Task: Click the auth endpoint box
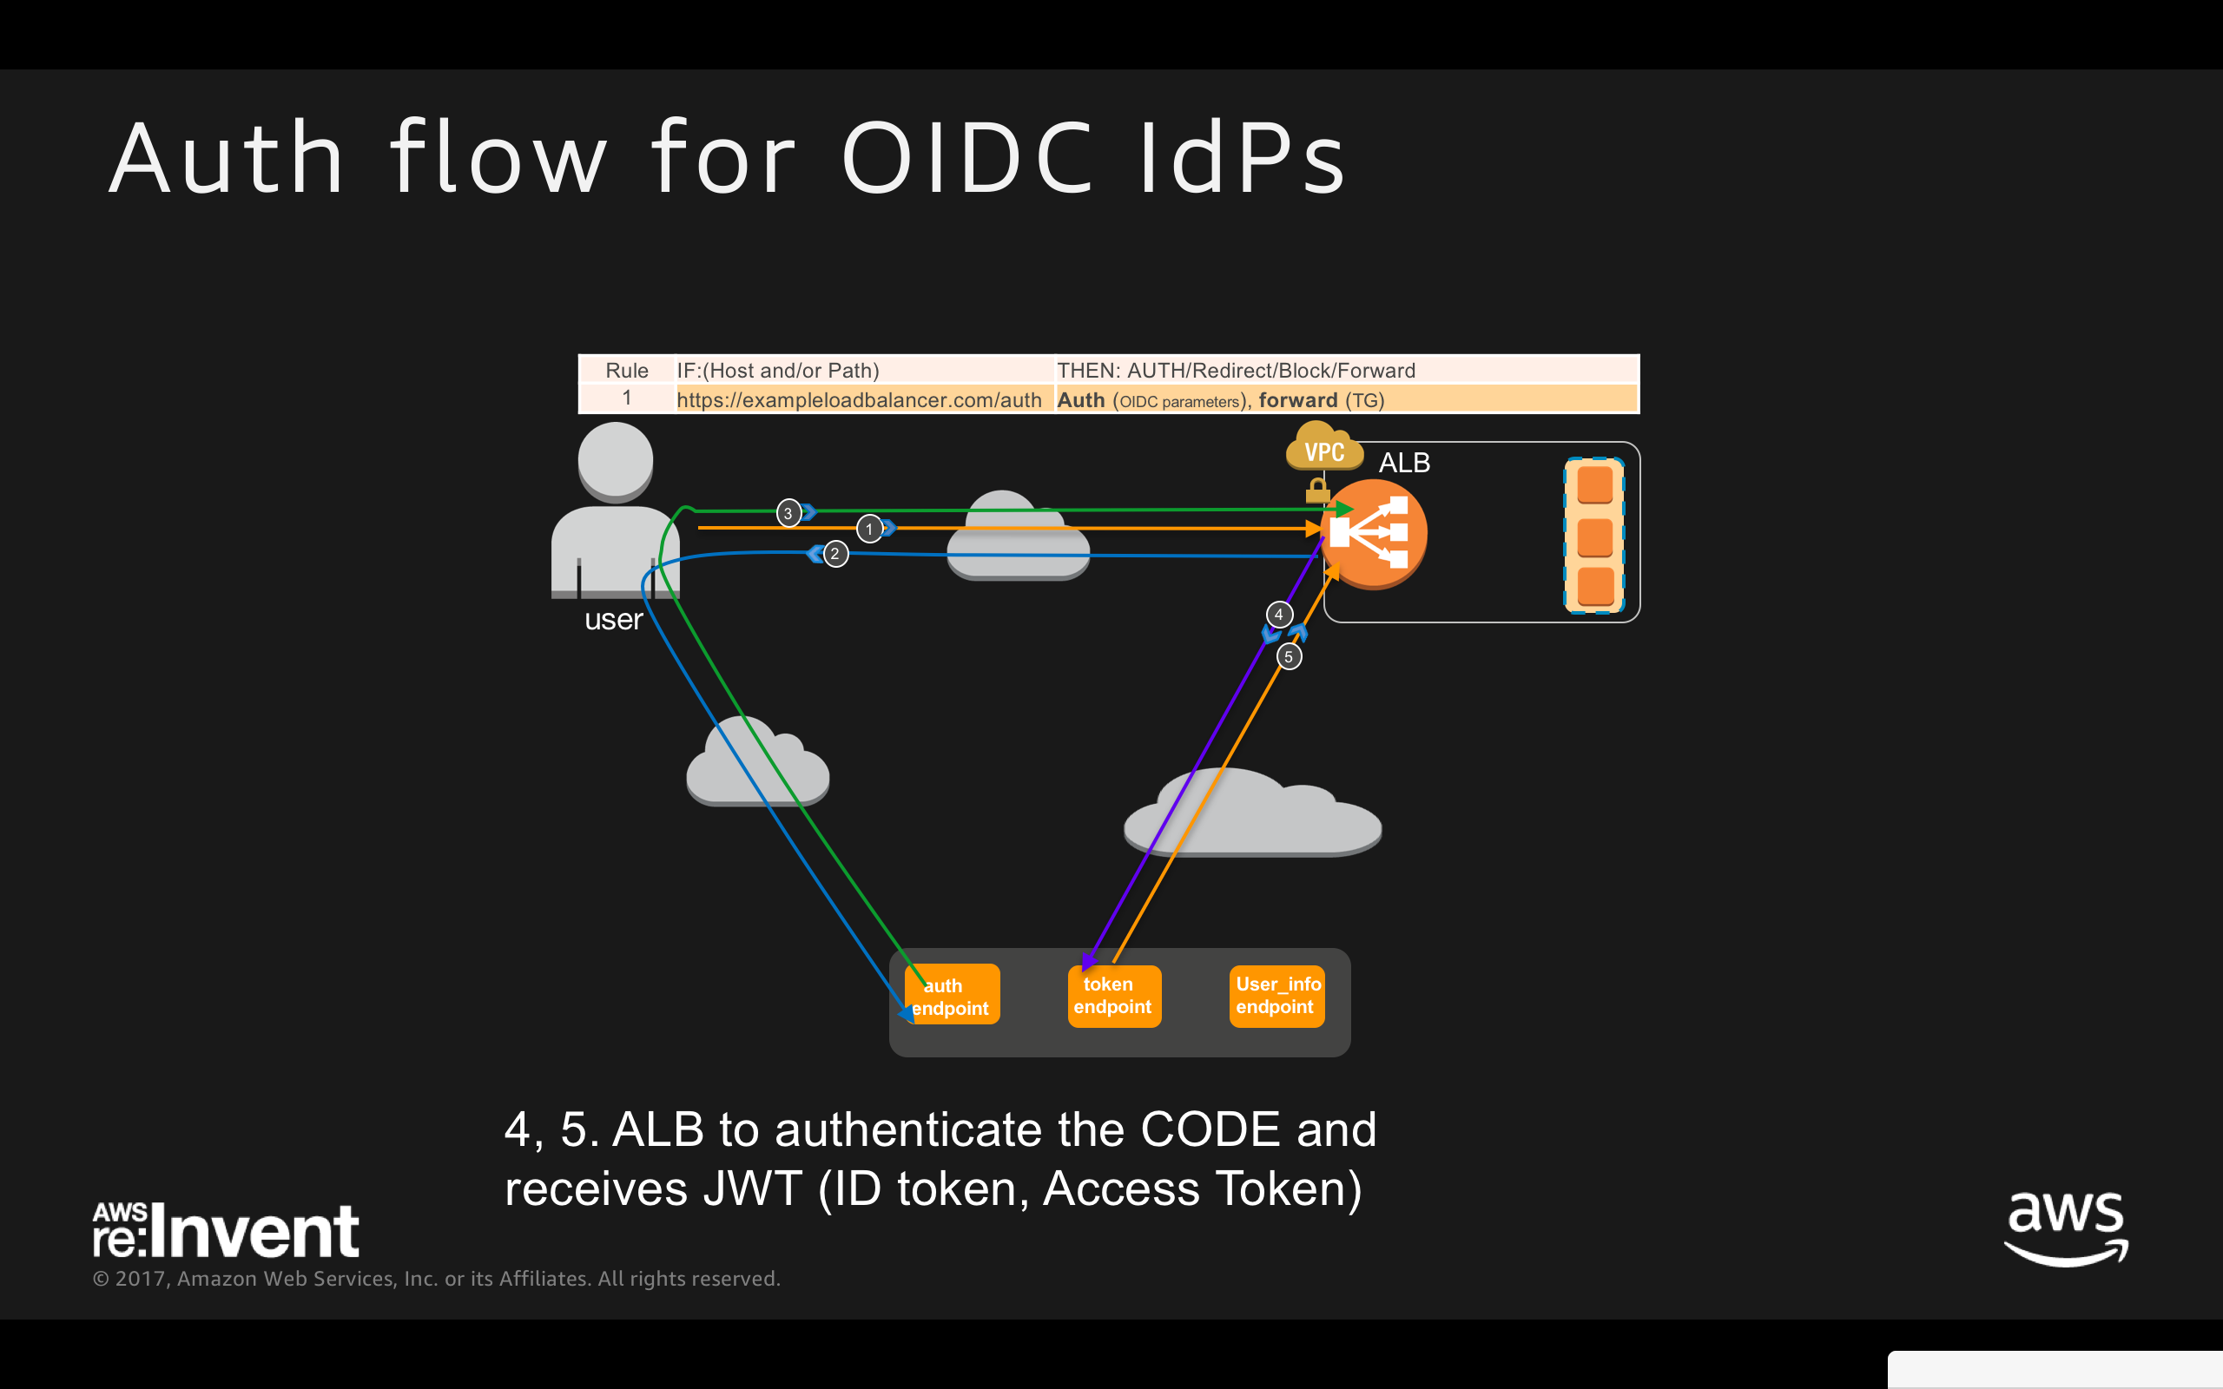coord(952,994)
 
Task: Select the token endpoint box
coord(1113,996)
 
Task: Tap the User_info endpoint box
coord(1276,996)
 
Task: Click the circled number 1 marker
coord(869,530)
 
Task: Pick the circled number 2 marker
coord(834,554)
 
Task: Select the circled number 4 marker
coord(1279,615)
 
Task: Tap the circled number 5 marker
coord(1289,657)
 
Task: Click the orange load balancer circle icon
coord(1375,534)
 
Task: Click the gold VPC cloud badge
coord(1323,448)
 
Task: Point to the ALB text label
coord(1403,463)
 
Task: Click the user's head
coord(616,459)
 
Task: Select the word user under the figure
coord(614,620)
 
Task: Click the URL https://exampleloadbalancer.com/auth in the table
coord(858,399)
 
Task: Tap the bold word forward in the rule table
coord(1297,399)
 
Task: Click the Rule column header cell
coord(626,370)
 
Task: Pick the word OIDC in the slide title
coord(967,159)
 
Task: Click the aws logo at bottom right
coord(2065,1228)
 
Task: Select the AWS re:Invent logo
coord(225,1230)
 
